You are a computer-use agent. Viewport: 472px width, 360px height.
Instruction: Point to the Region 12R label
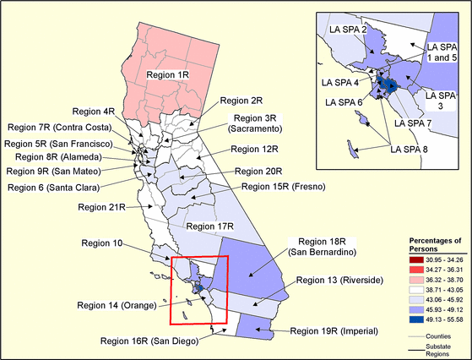tap(254, 149)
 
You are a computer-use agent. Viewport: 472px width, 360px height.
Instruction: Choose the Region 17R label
tap(209, 226)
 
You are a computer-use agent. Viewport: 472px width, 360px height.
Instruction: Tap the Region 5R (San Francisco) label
tap(63, 144)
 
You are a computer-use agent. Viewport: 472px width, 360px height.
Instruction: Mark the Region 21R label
tap(101, 205)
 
